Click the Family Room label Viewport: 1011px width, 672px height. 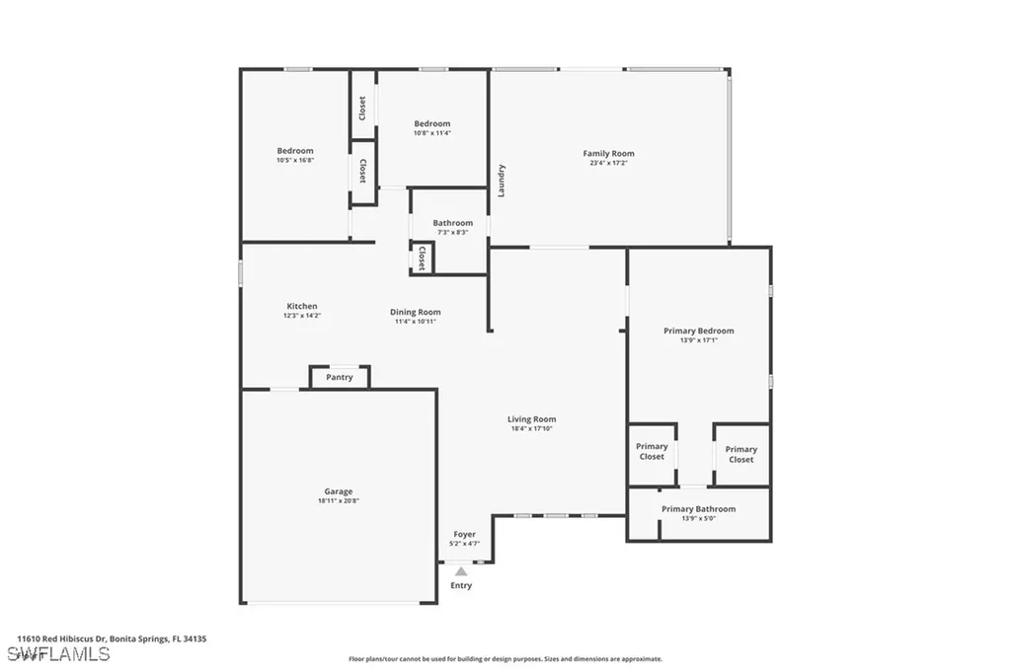(608, 153)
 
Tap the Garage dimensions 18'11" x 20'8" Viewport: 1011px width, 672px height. (339, 501)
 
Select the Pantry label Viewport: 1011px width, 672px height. (340, 377)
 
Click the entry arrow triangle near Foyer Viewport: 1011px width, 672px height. (461, 570)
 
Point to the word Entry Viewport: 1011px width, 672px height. (461, 585)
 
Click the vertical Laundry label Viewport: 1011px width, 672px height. (502, 180)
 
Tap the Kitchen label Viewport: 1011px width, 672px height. (302, 306)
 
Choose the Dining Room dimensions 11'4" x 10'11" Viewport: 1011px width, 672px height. (415, 321)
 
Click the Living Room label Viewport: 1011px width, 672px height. (532, 419)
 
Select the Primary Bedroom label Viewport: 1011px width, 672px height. (699, 331)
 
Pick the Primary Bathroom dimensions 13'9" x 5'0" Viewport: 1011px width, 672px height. (698, 518)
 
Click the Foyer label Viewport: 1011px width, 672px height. (464, 534)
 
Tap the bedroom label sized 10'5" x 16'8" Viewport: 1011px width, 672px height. (295, 151)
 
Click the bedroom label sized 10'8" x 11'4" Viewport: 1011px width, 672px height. (432, 123)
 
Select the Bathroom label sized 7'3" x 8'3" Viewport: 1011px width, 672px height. (452, 223)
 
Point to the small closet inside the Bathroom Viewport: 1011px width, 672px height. (423, 259)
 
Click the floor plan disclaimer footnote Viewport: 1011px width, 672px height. (505, 659)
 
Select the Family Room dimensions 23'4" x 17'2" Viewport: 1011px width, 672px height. (608, 163)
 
